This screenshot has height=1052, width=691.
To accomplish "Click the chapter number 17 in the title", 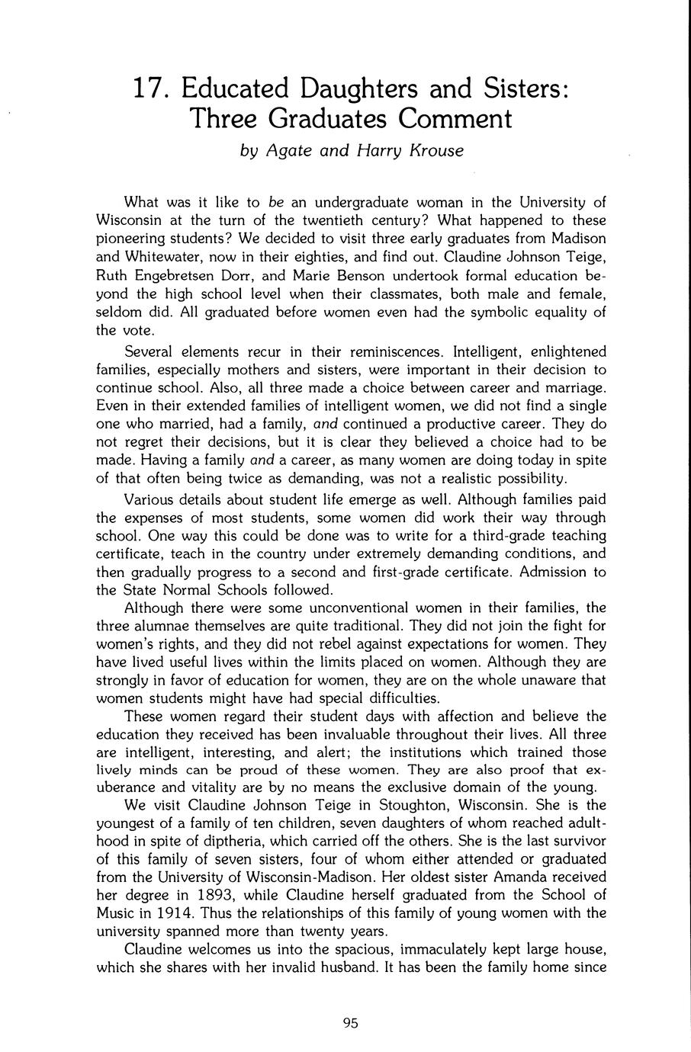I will pos(149,89).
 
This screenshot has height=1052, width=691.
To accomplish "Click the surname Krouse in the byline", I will pos(435,150).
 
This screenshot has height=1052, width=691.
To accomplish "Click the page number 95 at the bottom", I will pos(350,1024).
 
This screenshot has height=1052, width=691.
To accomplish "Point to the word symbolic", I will pos(489,313).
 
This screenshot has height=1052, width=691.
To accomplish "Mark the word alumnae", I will pos(163,625).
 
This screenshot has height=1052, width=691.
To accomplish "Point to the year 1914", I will pos(170,913).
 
